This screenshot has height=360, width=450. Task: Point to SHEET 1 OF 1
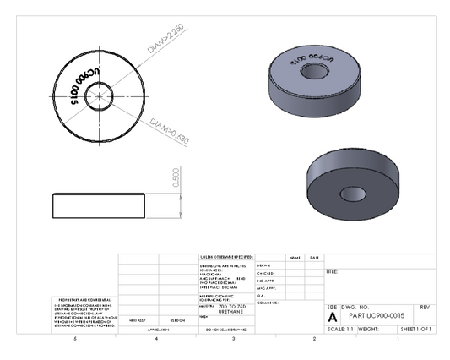pos(415,328)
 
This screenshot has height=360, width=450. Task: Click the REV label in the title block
pos(425,306)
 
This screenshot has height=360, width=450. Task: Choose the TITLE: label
pos(332,271)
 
